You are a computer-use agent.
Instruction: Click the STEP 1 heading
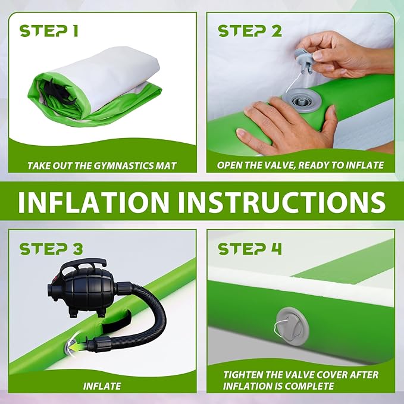[49, 31]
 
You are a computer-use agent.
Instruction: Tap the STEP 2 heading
[250, 31]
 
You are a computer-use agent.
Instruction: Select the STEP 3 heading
[51, 249]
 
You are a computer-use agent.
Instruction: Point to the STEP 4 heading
[250, 249]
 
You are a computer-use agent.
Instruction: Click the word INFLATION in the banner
[93, 202]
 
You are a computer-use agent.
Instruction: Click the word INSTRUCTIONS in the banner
[282, 202]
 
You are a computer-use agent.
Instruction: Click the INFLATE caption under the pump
[102, 386]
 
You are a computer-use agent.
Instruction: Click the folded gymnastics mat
[94, 86]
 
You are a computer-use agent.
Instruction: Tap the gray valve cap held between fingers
[304, 60]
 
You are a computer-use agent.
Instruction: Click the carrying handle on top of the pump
[83, 265]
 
